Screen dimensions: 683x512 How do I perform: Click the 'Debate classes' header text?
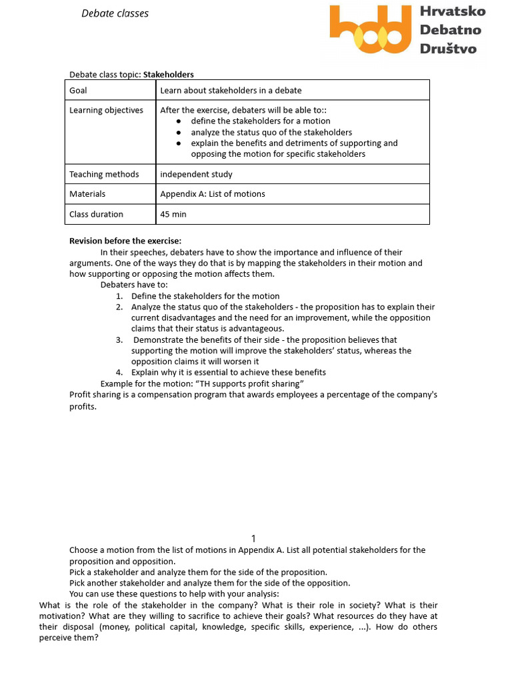[x=115, y=13]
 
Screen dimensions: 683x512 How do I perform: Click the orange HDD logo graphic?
[x=371, y=30]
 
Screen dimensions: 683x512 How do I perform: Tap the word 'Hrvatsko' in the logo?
[x=452, y=11]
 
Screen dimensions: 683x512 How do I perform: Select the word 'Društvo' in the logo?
[x=448, y=48]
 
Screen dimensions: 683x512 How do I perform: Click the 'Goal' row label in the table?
[x=78, y=90]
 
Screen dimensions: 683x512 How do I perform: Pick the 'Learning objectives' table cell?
[x=106, y=110]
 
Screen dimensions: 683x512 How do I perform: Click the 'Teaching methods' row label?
[x=104, y=174]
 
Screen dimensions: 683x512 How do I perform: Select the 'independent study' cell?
[x=196, y=174]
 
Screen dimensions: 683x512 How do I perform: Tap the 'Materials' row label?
[x=87, y=194]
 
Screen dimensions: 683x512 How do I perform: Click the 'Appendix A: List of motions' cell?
[x=213, y=194]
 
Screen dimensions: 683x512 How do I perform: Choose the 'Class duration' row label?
[x=96, y=214]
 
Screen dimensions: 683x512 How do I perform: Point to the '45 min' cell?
[x=173, y=214]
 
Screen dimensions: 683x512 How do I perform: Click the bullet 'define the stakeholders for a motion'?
[x=260, y=121]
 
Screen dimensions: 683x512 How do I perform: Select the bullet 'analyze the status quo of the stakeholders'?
[x=271, y=132]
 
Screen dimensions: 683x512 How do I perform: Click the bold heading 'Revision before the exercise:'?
[x=125, y=241]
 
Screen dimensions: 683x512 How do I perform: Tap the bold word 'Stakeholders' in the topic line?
[x=169, y=75]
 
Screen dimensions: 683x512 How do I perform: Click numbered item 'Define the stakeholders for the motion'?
[x=205, y=296]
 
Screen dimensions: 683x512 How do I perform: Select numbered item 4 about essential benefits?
[x=228, y=372]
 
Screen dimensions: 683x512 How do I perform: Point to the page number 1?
[x=253, y=538]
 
